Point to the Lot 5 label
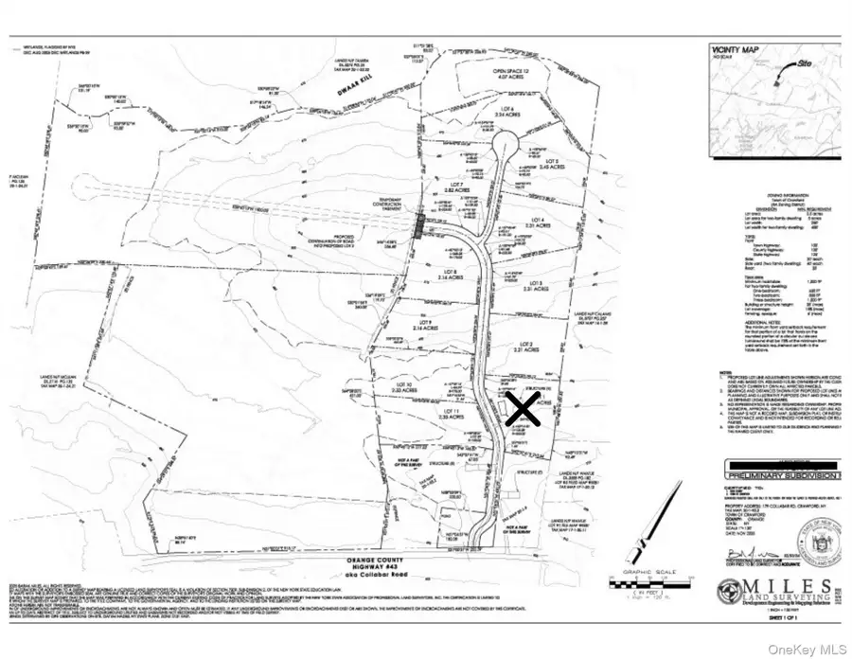click(552, 165)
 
